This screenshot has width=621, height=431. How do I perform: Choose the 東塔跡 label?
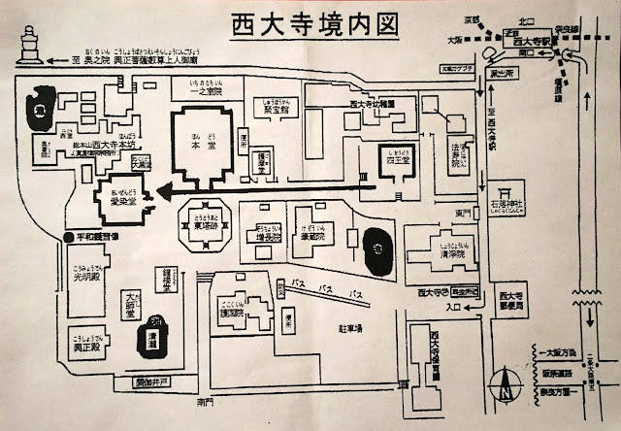tap(204, 227)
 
